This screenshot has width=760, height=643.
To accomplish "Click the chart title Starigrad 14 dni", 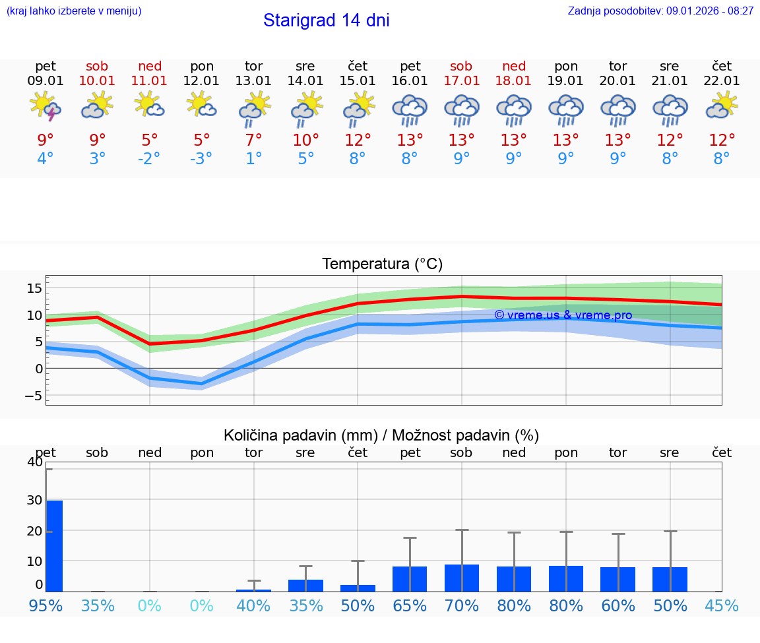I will click(x=326, y=20).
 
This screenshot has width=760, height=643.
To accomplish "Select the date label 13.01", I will click(x=253, y=81).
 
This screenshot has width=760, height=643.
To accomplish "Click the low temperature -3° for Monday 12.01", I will click(x=201, y=159).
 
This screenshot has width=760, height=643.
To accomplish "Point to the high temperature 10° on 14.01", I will click(x=305, y=140).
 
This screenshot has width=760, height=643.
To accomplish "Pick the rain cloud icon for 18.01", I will click(x=514, y=109).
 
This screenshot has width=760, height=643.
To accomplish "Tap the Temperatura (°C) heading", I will click(x=382, y=264).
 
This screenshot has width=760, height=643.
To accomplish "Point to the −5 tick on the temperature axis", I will click(x=33, y=396).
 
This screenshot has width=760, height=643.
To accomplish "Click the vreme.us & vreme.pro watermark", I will click(x=563, y=315).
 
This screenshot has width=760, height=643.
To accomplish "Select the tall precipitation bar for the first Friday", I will click(x=54, y=545).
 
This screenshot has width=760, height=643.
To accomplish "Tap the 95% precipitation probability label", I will click(x=46, y=605).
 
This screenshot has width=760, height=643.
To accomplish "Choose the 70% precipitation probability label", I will click(x=461, y=605).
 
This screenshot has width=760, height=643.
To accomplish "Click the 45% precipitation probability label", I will click(x=722, y=605).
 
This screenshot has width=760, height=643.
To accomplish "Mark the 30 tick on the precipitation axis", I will click(x=34, y=500).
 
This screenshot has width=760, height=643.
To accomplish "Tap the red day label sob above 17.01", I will click(x=461, y=66).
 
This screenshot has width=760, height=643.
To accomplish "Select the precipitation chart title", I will click(x=381, y=435).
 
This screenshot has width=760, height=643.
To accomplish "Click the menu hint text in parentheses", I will click(x=74, y=11).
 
